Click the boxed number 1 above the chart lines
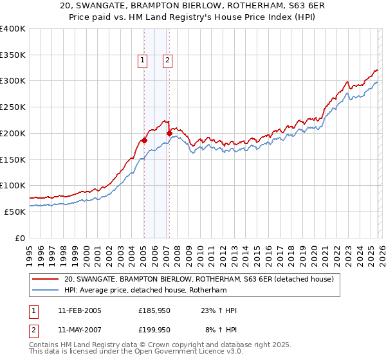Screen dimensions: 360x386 [x=142, y=61]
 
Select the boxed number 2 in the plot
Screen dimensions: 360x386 [x=167, y=61]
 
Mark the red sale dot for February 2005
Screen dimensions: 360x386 [x=144, y=140]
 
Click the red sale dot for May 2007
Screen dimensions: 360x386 [x=169, y=133]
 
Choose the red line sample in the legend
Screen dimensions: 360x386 [x=45, y=280]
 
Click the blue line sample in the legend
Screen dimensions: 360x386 [x=45, y=291]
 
